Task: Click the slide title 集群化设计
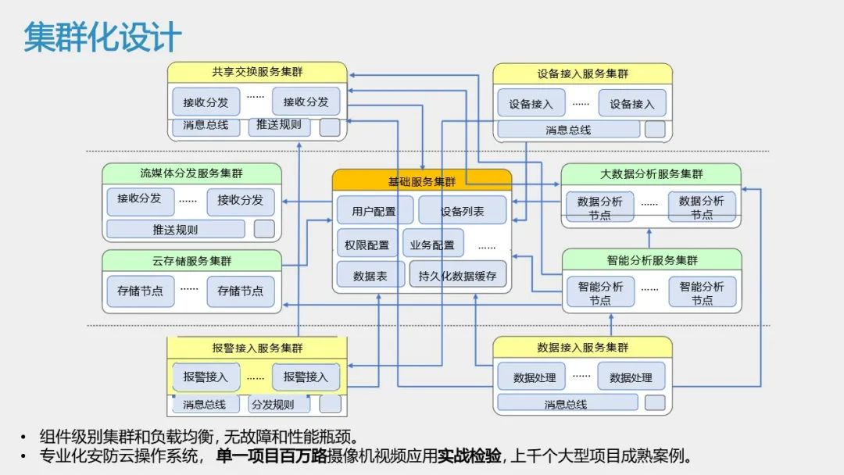pos(102,37)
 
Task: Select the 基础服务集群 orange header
pos(422,181)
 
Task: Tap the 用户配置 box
pos(374,211)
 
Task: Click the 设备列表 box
pos(462,211)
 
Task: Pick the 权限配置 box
pos(367,244)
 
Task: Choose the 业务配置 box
pos(433,244)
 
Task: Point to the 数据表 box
pos(370,275)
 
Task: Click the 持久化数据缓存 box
pos(457,275)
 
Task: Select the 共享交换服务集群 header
pos(257,73)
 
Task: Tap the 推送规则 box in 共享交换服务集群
pos(279,125)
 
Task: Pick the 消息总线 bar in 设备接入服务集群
pos(568,130)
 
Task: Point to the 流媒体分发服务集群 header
pos(191,173)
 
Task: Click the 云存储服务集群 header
pos(191,260)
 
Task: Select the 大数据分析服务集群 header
pos(651,173)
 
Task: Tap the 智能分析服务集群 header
pos(652,259)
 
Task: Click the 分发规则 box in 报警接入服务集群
pos(279,404)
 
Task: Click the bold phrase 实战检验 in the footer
pos(469,456)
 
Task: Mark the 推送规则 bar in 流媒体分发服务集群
pos(175,230)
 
